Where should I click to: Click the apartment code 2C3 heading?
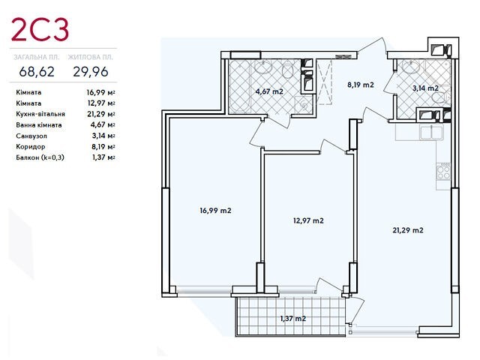pos(40,30)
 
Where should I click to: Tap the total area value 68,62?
pos(37,72)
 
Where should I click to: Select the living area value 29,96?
pos(91,72)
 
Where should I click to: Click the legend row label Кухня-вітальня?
pos(40,114)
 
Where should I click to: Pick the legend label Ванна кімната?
pos(39,125)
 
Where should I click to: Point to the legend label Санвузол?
pos(31,136)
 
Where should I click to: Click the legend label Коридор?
pos(31,147)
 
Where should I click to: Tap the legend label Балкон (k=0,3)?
pos(40,157)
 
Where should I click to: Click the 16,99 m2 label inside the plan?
pos(215,211)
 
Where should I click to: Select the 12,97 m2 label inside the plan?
pos(308,220)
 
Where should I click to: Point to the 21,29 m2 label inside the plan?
pos(408,230)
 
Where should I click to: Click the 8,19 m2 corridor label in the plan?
pos(361,85)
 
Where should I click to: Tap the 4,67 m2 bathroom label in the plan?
pos(269,91)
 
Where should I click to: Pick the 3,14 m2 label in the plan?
pos(425,88)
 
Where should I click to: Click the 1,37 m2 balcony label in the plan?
pos(293,319)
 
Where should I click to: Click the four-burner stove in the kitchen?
pos(443,172)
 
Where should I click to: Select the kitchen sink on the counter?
pos(432,132)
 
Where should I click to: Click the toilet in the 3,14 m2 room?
pos(441,97)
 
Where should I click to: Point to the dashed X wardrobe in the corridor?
pos(324,82)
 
